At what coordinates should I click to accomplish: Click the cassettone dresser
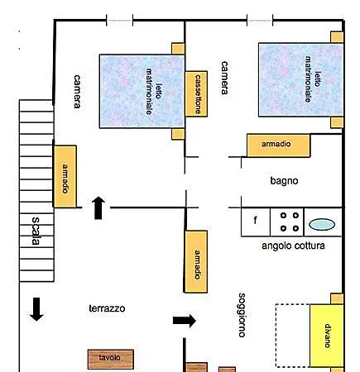(196, 94)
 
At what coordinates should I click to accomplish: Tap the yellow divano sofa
(327, 336)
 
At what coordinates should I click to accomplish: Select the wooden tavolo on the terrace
(111, 359)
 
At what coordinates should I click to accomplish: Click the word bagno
(284, 181)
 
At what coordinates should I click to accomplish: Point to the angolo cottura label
(293, 246)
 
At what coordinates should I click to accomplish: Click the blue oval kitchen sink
(322, 224)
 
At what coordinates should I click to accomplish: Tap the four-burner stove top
(287, 222)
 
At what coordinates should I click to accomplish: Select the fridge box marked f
(256, 222)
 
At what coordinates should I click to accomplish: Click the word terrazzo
(107, 308)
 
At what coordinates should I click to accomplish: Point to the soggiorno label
(242, 315)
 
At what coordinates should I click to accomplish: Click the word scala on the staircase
(36, 231)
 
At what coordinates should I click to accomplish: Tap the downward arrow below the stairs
(36, 309)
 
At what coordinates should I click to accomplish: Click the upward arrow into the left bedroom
(98, 208)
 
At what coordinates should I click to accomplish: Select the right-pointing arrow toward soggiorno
(185, 321)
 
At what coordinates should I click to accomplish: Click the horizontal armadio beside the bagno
(279, 145)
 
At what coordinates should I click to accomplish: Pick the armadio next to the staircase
(65, 176)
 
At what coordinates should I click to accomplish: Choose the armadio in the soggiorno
(196, 261)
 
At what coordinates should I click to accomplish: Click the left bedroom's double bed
(142, 91)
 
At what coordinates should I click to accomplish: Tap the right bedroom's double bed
(301, 79)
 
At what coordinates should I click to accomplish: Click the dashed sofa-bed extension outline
(276, 336)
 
